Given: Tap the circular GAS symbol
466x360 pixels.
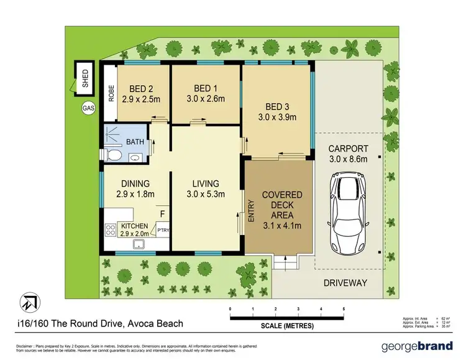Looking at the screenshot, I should (88, 108).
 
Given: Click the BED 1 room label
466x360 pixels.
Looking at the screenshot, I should (206, 88).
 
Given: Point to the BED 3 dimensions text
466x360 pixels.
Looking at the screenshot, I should (276, 116).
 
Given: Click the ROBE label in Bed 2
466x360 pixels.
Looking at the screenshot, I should (111, 93).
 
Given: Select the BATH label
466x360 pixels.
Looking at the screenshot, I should (135, 142).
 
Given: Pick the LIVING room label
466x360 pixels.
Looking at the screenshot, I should (206, 183).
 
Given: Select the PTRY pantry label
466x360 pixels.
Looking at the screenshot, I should (163, 231).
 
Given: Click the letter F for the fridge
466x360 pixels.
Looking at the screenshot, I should (163, 215).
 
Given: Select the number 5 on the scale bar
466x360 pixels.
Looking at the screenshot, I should (344, 308).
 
